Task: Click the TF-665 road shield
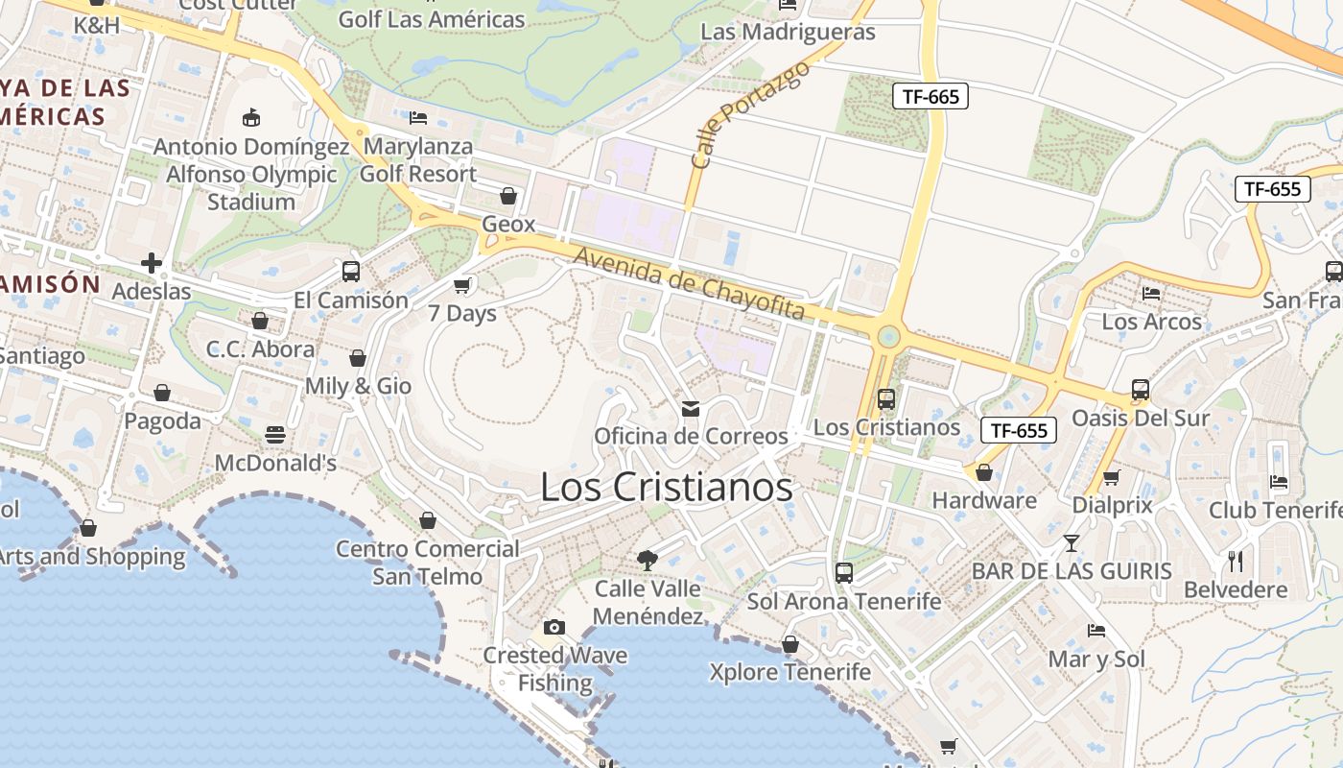tap(930, 96)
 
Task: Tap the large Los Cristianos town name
tap(666, 487)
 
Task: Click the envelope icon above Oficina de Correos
tap(690, 410)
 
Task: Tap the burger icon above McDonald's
tap(275, 435)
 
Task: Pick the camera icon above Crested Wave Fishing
tap(554, 628)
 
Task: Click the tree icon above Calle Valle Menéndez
tap(648, 560)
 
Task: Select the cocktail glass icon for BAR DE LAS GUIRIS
tap(1071, 543)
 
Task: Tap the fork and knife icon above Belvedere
tap(1236, 561)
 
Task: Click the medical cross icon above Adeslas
tap(151, 263)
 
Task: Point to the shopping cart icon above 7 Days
tap(462, 285)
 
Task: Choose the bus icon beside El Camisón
tap(350, 272)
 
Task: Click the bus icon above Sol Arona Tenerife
tap(843, 573)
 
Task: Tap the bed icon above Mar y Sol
tap(1096, 631)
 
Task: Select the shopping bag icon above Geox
tap(508, 196)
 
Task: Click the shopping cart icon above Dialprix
tap(1111, 477)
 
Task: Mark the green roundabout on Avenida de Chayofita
tap(888, 336)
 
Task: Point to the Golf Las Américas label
tap(432, 19)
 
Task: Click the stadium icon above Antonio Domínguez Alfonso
tap(251, 118)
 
